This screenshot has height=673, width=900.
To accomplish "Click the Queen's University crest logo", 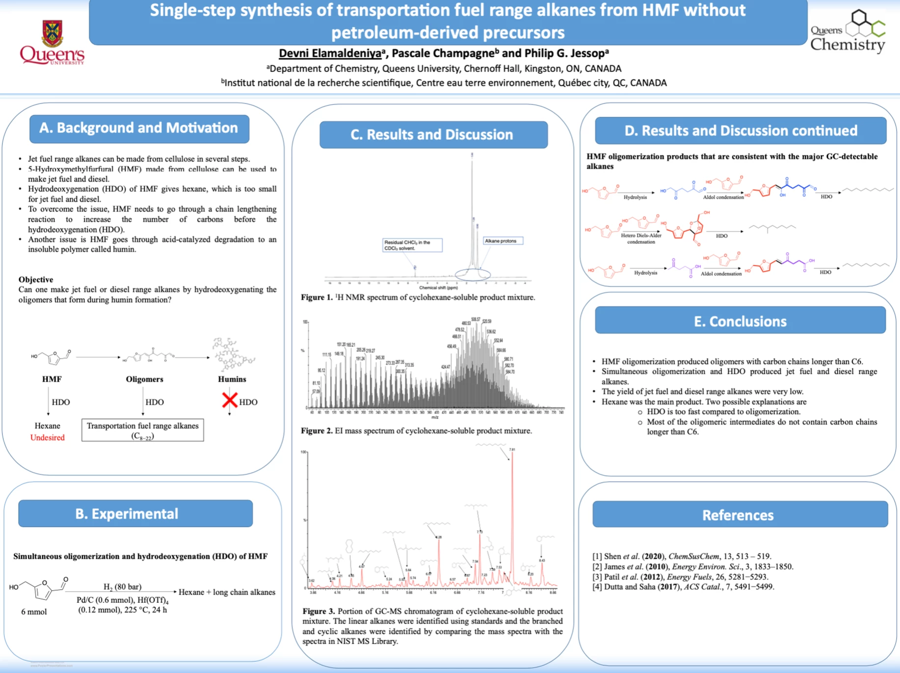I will pos(52,33).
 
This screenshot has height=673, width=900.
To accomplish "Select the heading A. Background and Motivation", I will pos(139,128).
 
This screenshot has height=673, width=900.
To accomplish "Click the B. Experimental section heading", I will pos(126,513).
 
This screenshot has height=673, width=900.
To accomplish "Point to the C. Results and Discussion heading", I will pos(432,135).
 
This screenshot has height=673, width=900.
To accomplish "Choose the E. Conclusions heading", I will pos(740,321).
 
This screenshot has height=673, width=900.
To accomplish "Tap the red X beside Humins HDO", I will pos(229,400).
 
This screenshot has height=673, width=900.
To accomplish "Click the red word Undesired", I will pos(47,437).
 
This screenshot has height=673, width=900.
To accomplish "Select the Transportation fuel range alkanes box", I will pos(142,430).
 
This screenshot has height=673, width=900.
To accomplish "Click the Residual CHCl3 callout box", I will pos(412,245).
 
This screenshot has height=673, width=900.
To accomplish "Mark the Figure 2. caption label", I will pos(317,431).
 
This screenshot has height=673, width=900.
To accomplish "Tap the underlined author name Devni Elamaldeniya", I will pos(330,54).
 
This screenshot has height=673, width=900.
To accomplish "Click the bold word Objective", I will pos(36,279).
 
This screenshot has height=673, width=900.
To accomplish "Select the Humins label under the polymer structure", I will pos(232,379).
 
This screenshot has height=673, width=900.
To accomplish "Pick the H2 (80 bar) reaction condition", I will pos(122,587).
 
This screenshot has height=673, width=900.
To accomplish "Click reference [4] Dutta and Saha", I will pos(683,587).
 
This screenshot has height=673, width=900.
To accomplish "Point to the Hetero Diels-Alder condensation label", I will pos(641,238).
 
